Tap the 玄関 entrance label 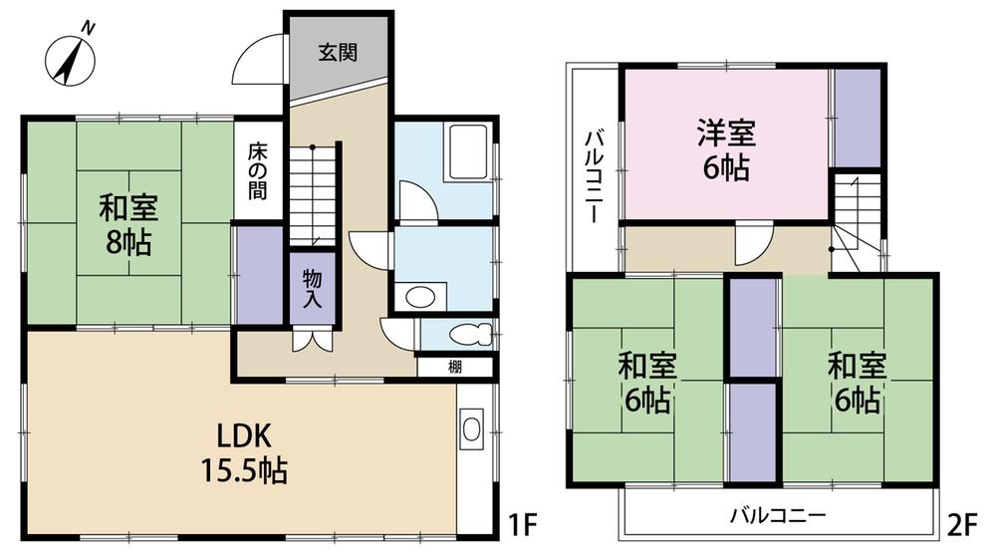338,54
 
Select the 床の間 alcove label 258,172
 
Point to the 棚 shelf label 454,366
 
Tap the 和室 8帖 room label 126,224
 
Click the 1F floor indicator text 523,524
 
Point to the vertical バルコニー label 594,175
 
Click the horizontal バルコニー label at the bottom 777,516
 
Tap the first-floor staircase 316,193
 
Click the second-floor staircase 854,219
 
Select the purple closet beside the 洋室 857,118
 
